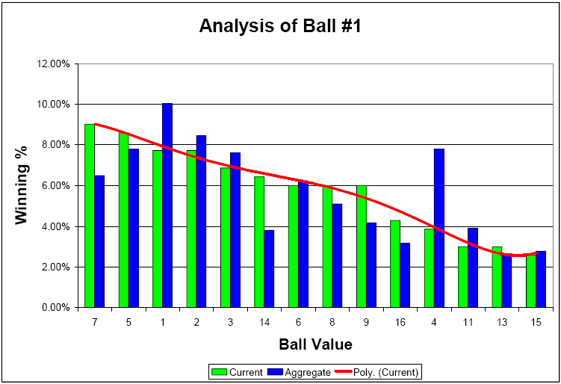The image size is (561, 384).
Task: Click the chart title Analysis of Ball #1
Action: tap(280, 27)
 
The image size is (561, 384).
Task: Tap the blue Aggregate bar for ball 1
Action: tap(167, 205)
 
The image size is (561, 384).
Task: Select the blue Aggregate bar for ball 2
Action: tap(202, 221)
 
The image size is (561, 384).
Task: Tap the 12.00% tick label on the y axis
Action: tap(52, 64)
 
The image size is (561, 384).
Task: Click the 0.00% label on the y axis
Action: tap(55, 307)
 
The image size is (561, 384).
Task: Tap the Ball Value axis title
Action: tap(314, 344)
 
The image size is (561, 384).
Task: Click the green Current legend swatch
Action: tap(219, 371)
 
